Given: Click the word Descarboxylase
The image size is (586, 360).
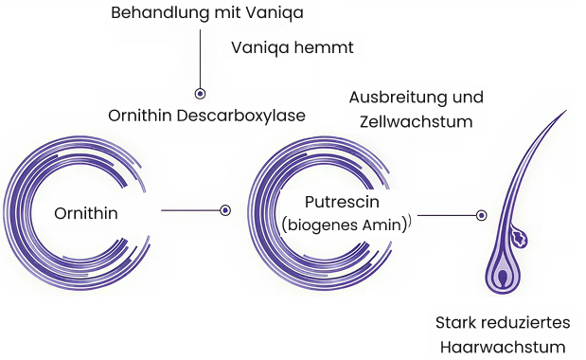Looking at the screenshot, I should click(251, 116).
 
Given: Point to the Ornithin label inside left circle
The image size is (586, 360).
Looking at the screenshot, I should click(86, 211).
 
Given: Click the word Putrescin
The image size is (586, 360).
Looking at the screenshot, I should click(343, 202).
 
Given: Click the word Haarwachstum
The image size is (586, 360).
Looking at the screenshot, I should click(503, 347).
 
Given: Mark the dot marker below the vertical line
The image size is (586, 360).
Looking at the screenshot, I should click(200, 94).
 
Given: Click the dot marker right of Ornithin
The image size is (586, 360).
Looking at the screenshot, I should click(225, 210).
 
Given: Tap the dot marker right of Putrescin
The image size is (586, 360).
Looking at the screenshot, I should click(482, 215).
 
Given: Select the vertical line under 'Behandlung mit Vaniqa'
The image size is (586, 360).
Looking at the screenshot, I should click(200, 57).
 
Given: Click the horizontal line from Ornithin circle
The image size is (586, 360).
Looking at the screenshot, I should click(189, 210).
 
